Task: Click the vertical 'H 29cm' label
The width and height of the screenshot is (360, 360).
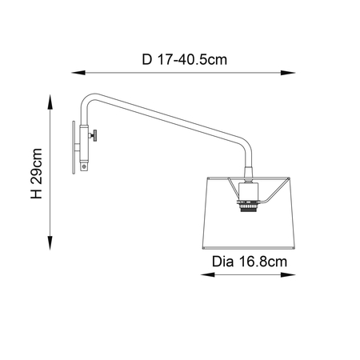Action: pos(35,173)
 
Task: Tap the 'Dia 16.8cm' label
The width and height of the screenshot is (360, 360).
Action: pos(248,260)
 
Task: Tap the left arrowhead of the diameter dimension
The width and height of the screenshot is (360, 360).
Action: pos(199,274)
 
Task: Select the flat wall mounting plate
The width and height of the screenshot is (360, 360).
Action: pos(72,146)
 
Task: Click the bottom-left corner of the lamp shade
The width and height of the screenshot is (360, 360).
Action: pos(202,240)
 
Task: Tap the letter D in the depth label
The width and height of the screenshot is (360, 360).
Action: pos(146,58)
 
